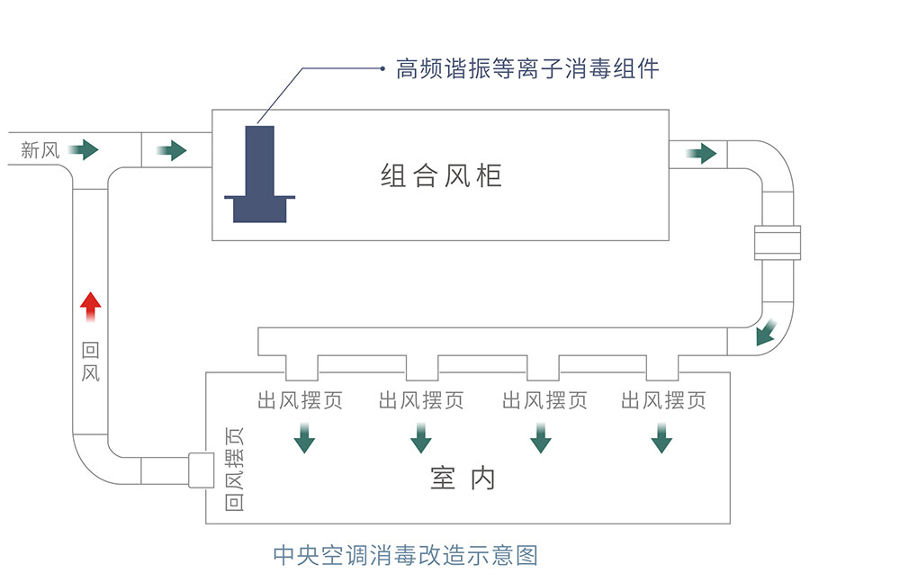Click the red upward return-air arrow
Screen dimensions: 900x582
tap(91, 307)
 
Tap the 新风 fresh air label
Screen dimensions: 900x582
tap(40, 150)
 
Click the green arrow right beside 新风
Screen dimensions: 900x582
tap(83, 149)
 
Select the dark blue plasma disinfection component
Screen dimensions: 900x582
tap(259, 174)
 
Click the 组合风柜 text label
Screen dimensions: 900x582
tap(441, 175)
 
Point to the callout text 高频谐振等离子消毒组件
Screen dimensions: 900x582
tap(527, 69)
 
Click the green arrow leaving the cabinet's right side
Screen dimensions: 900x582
tap(701, 153)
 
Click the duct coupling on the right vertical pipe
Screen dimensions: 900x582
tap(778, 243)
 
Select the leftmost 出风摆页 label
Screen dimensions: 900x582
tap(301, 400)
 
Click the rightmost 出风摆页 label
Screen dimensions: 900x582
tap(663, 400)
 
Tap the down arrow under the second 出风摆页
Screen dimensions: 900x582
tap(421, 438)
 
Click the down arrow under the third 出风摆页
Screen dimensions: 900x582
tap(541, 438)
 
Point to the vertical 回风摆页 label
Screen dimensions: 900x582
tap(234, 469)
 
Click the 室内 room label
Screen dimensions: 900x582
tap(463, 479)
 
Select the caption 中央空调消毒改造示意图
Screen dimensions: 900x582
tap(406, 555)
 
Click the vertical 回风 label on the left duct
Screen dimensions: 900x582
tap(91, 362)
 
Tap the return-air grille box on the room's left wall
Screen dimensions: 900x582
tap(202, 470)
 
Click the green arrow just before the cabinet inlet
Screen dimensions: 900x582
tap(172, 150)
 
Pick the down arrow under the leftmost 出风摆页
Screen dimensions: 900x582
tap(304, 438)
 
